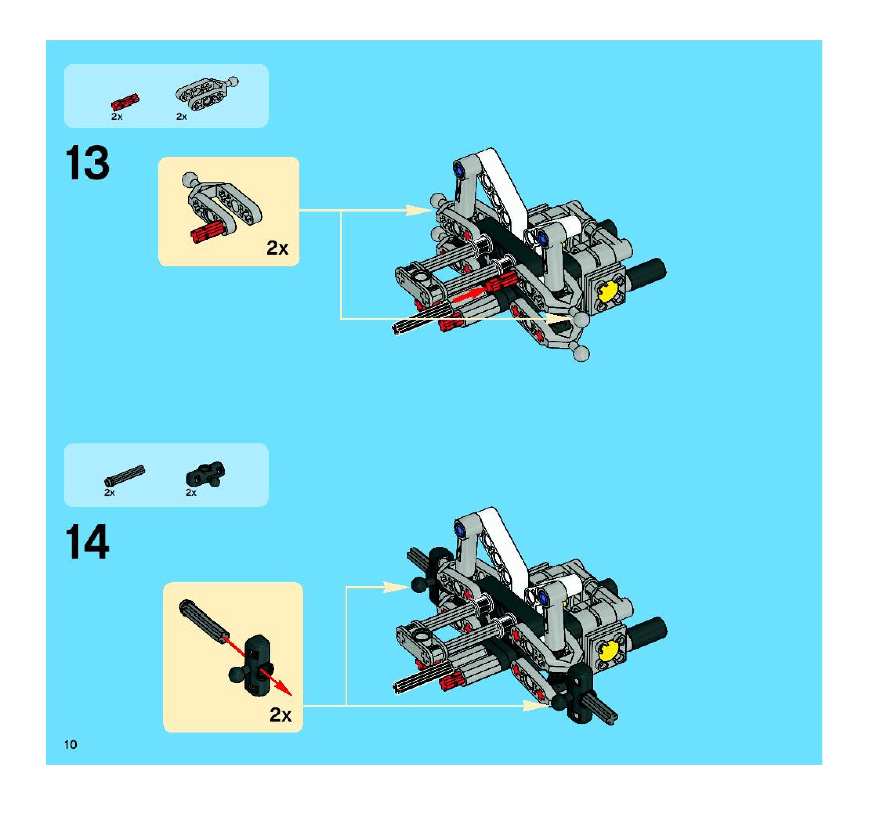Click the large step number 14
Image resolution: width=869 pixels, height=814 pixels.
click(x=87, y=542)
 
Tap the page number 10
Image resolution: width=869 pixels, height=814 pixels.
click(x=71, y=745)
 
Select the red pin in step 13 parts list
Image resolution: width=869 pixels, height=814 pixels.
click(x=125, y=102)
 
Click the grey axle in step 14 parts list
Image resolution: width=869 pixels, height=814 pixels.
click(x=125, y=476)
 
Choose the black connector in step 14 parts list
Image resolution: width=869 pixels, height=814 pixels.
click(x=205, y=474)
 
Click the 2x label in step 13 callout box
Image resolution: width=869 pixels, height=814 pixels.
click(x=277, y=248)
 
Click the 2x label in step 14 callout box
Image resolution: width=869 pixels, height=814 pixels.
click(x=281, y=715)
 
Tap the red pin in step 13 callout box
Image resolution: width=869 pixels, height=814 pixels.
click(x=208, y=231)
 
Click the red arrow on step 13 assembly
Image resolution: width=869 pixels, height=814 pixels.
click(x=471, y=294)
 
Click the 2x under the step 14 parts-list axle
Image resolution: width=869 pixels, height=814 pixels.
click(x=109, y=493)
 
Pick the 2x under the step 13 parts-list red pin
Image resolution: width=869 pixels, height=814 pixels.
click(x=117, y=117)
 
